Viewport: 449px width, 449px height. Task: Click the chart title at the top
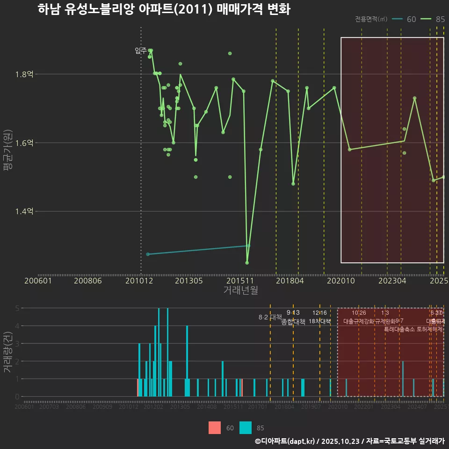point(164,9)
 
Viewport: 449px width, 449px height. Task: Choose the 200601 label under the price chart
point(38,281)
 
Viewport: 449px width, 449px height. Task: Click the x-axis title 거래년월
point(240,290)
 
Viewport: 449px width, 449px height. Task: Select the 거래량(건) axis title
point(7,352)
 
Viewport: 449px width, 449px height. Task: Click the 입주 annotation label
point(140,51)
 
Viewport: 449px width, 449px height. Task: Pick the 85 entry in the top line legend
point(440,19)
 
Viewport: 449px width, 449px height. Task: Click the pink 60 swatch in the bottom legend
point(215,427)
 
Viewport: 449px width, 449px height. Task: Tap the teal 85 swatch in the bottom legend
point(246,427)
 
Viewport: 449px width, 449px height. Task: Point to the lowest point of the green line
point(247,262)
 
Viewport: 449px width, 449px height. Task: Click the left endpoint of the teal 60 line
point(148,254)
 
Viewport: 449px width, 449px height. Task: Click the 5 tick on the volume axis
point(17,308)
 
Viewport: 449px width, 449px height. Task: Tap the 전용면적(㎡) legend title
point(371,19)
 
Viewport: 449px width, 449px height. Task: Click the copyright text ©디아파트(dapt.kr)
point(286,441)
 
